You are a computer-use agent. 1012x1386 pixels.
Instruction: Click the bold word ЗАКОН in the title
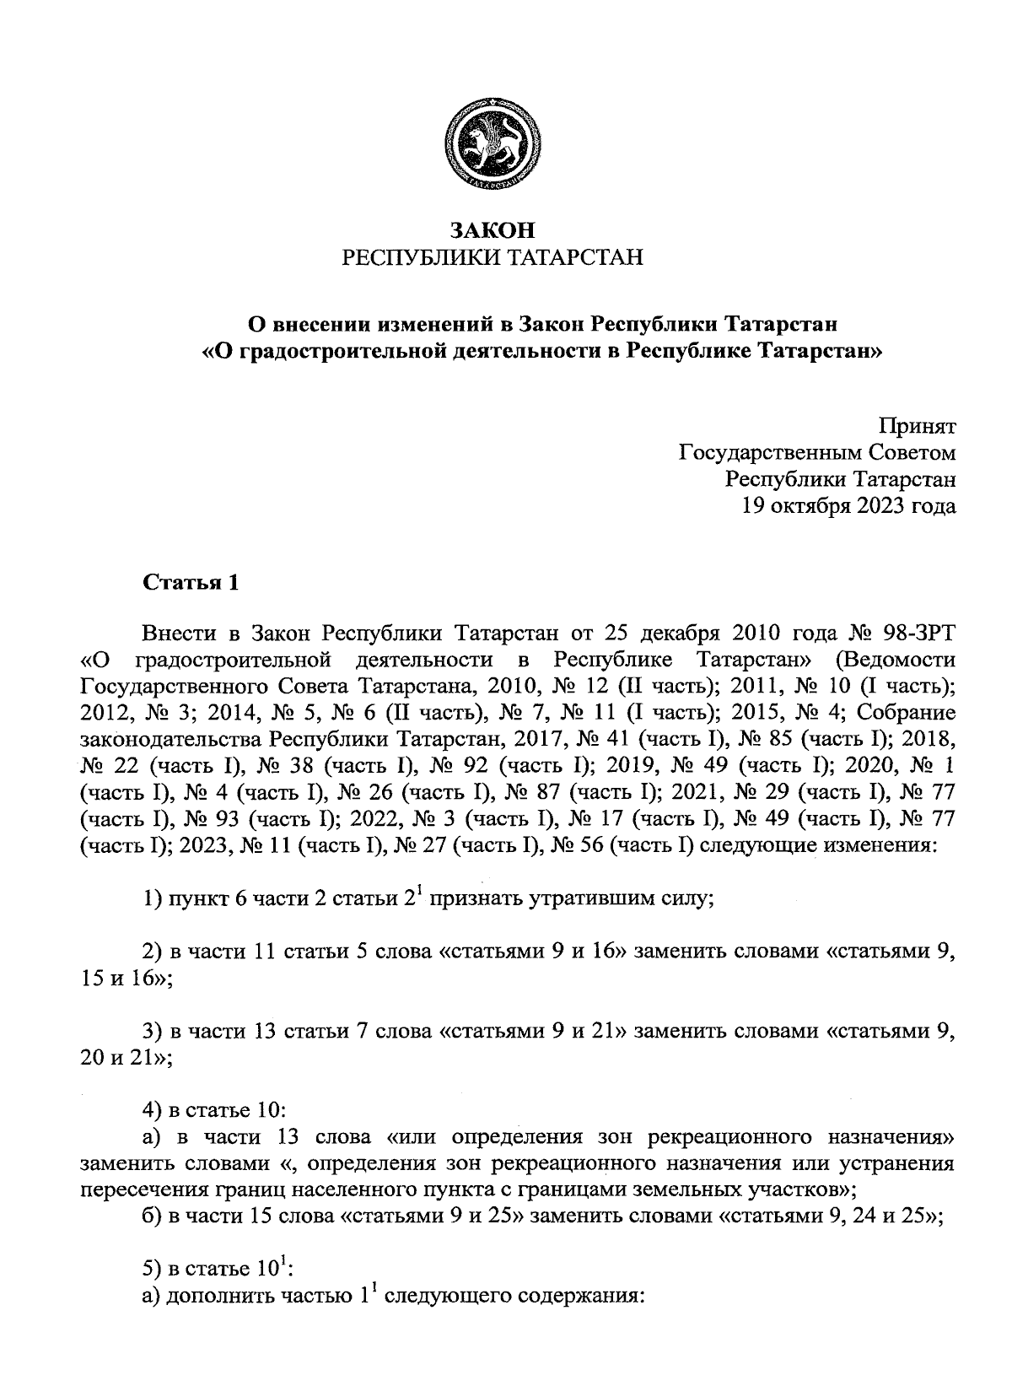[492, 229]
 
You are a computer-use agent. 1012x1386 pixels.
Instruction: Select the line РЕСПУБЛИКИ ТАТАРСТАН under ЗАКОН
[492, 257]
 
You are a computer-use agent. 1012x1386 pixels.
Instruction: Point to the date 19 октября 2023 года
[848, 505]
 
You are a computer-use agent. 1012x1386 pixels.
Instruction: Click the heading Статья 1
[191, 583]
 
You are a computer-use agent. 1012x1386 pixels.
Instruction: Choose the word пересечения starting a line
[134, 1190]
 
